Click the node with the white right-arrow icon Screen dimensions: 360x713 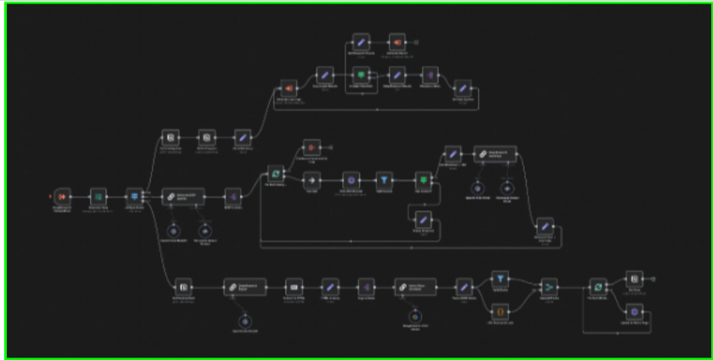click(311, 180)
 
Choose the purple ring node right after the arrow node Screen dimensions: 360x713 click(348, 180)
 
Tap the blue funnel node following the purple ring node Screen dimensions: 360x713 click(384, 180)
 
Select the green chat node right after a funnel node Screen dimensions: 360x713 click(422, 180)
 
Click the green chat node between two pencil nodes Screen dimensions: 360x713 click(361, 75)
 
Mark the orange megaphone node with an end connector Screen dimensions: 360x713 click(396, 41)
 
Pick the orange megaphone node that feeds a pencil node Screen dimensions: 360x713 click(288, 89)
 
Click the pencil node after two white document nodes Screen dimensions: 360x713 click(242, 137)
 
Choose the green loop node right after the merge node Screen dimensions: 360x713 click(597, 287)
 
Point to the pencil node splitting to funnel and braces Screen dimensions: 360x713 click(464, 287)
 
